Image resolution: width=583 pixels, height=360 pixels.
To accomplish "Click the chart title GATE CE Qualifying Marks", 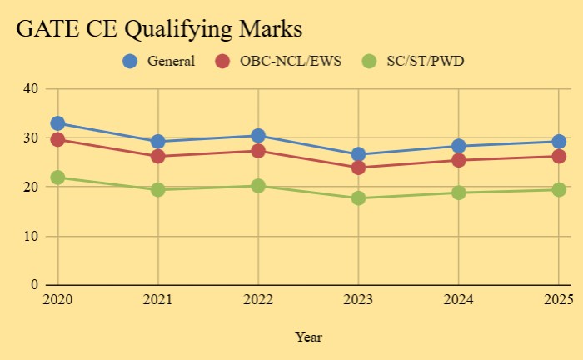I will coord(159,28).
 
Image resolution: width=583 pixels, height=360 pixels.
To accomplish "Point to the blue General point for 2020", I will coord(57,123).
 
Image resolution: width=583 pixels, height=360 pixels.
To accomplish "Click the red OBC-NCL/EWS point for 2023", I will coord(358,167).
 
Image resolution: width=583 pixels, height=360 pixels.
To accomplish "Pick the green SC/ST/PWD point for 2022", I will coord(258,186).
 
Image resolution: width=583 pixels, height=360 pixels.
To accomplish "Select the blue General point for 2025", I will coord(559,142).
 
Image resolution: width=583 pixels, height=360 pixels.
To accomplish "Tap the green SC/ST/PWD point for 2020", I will coord(57,177).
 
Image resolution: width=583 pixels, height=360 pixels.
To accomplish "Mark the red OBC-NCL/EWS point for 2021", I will coord(158,157).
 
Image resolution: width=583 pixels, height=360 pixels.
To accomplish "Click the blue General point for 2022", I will coord(258,136).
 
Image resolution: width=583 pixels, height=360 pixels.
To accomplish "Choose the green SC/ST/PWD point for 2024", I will coord(459,192).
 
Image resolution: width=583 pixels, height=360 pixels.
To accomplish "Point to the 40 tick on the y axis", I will coord(32,89).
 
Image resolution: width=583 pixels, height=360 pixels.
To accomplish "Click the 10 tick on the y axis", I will coord(32,236).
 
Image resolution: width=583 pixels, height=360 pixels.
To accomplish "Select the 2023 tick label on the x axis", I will coord(358,299).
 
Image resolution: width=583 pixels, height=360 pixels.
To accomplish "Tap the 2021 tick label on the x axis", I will coord(158,299).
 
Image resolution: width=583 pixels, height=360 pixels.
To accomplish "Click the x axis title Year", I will coord(308,337).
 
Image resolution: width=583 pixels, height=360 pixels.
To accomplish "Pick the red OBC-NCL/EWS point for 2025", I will coord(559,157).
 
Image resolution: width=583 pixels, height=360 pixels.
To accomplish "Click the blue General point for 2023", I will coord(358,154).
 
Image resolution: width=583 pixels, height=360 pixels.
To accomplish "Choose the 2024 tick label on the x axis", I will coord(459,299).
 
